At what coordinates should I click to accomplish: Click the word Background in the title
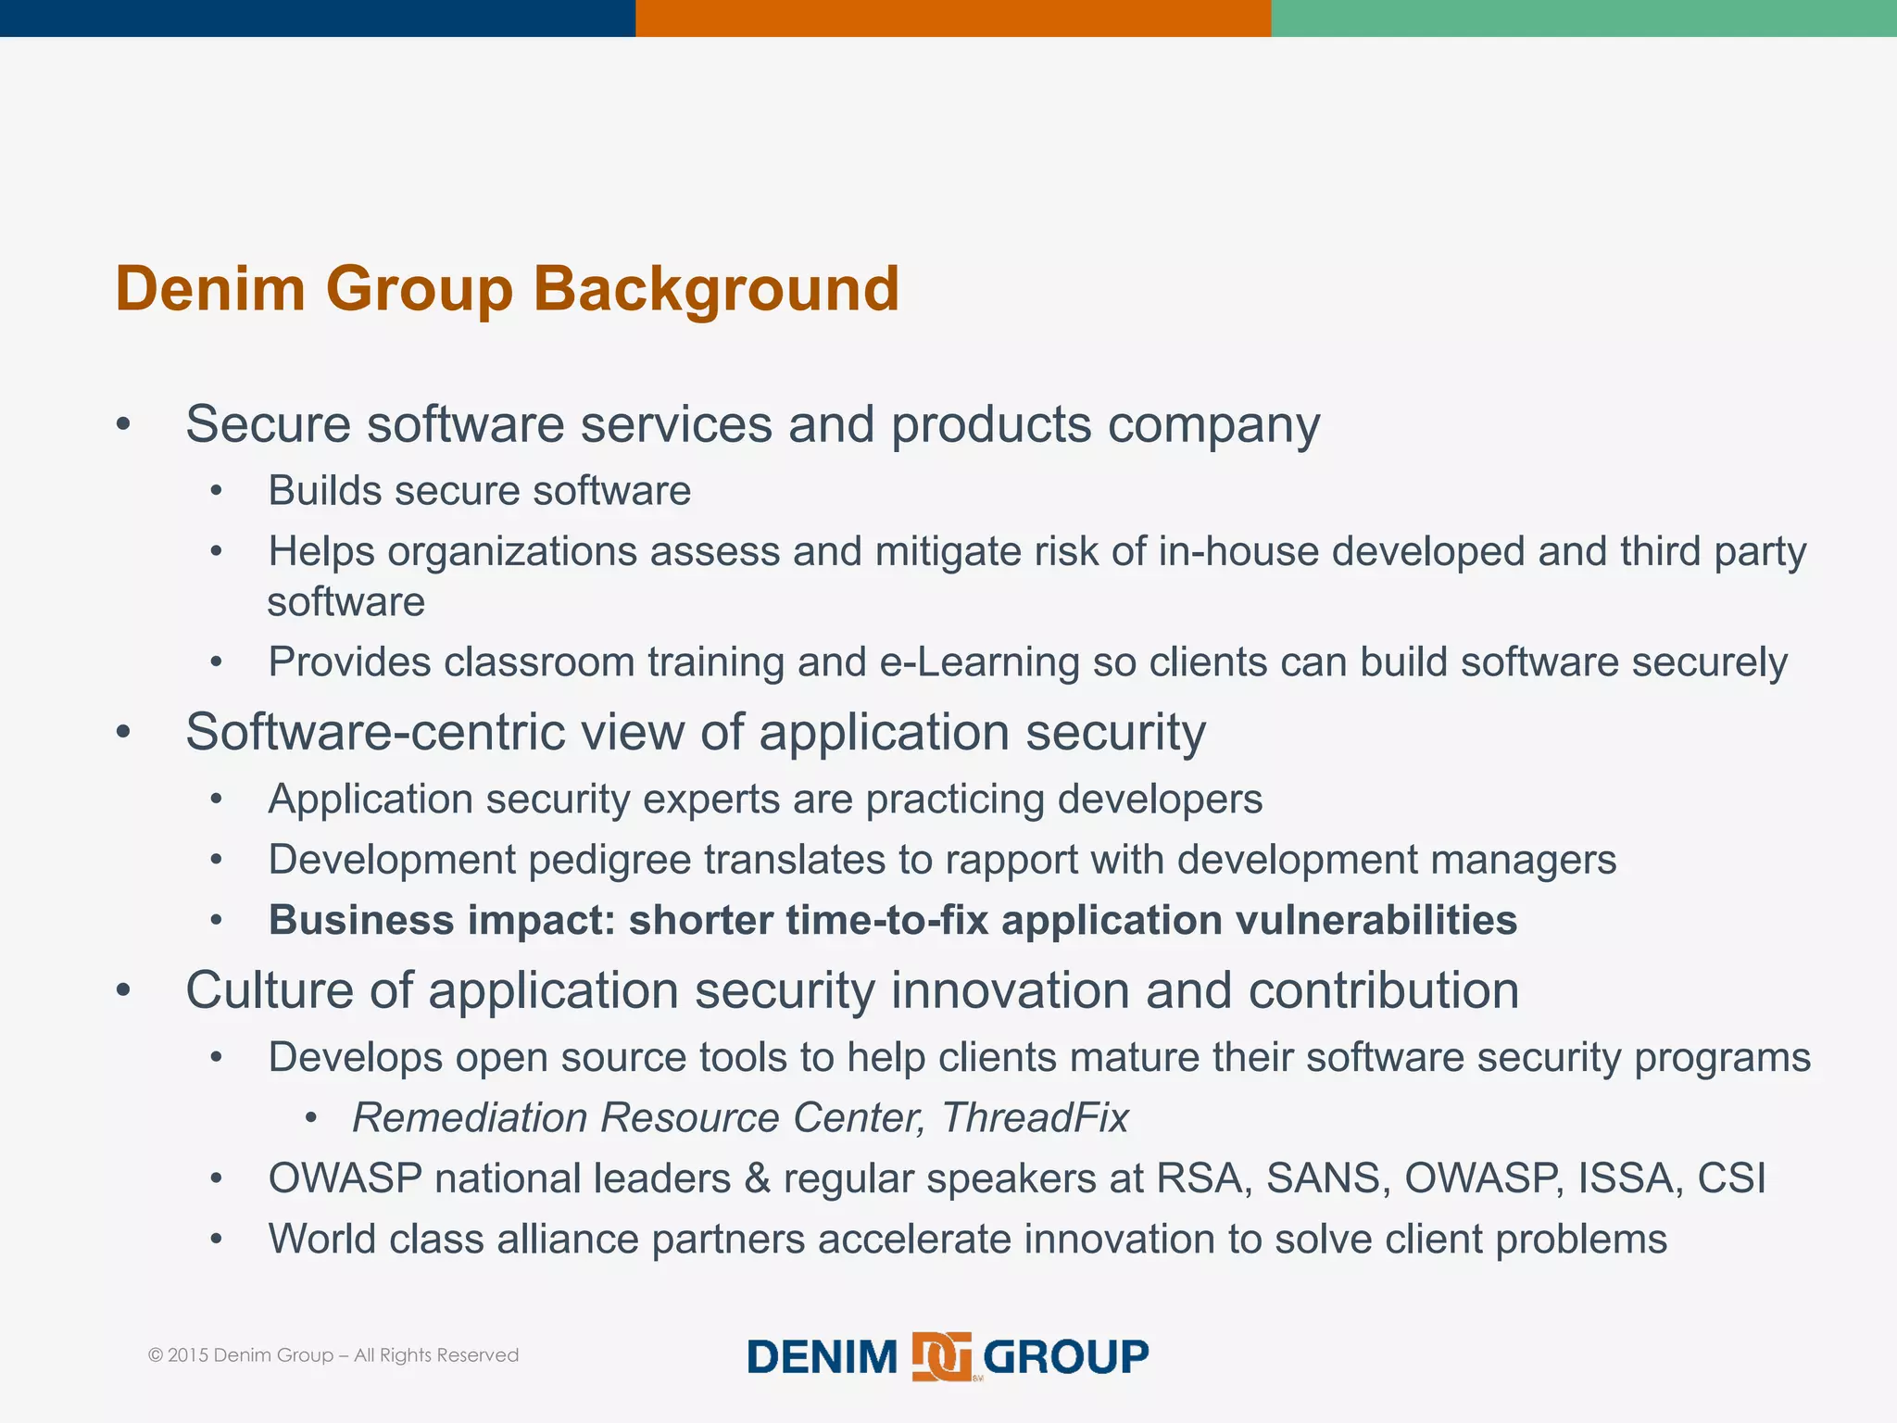(715, 289)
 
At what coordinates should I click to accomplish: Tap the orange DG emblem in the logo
(941, 1356)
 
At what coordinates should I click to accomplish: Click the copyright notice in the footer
(333, 1355)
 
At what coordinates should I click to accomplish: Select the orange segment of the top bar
(952, 18)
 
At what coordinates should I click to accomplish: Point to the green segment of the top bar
(1584, 18)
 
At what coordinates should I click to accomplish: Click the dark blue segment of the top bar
(317, 18)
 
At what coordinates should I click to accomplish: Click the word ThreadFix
(1035, 1117)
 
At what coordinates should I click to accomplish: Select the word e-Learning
(979, 662)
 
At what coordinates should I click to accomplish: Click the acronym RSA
(1204, 1178)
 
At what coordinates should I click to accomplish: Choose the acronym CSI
(1731, 1178)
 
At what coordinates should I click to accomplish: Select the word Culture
(270, 989)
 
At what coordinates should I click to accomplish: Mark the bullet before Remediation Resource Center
(311, 1119)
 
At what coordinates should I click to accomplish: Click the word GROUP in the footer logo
(1065, 1357)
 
